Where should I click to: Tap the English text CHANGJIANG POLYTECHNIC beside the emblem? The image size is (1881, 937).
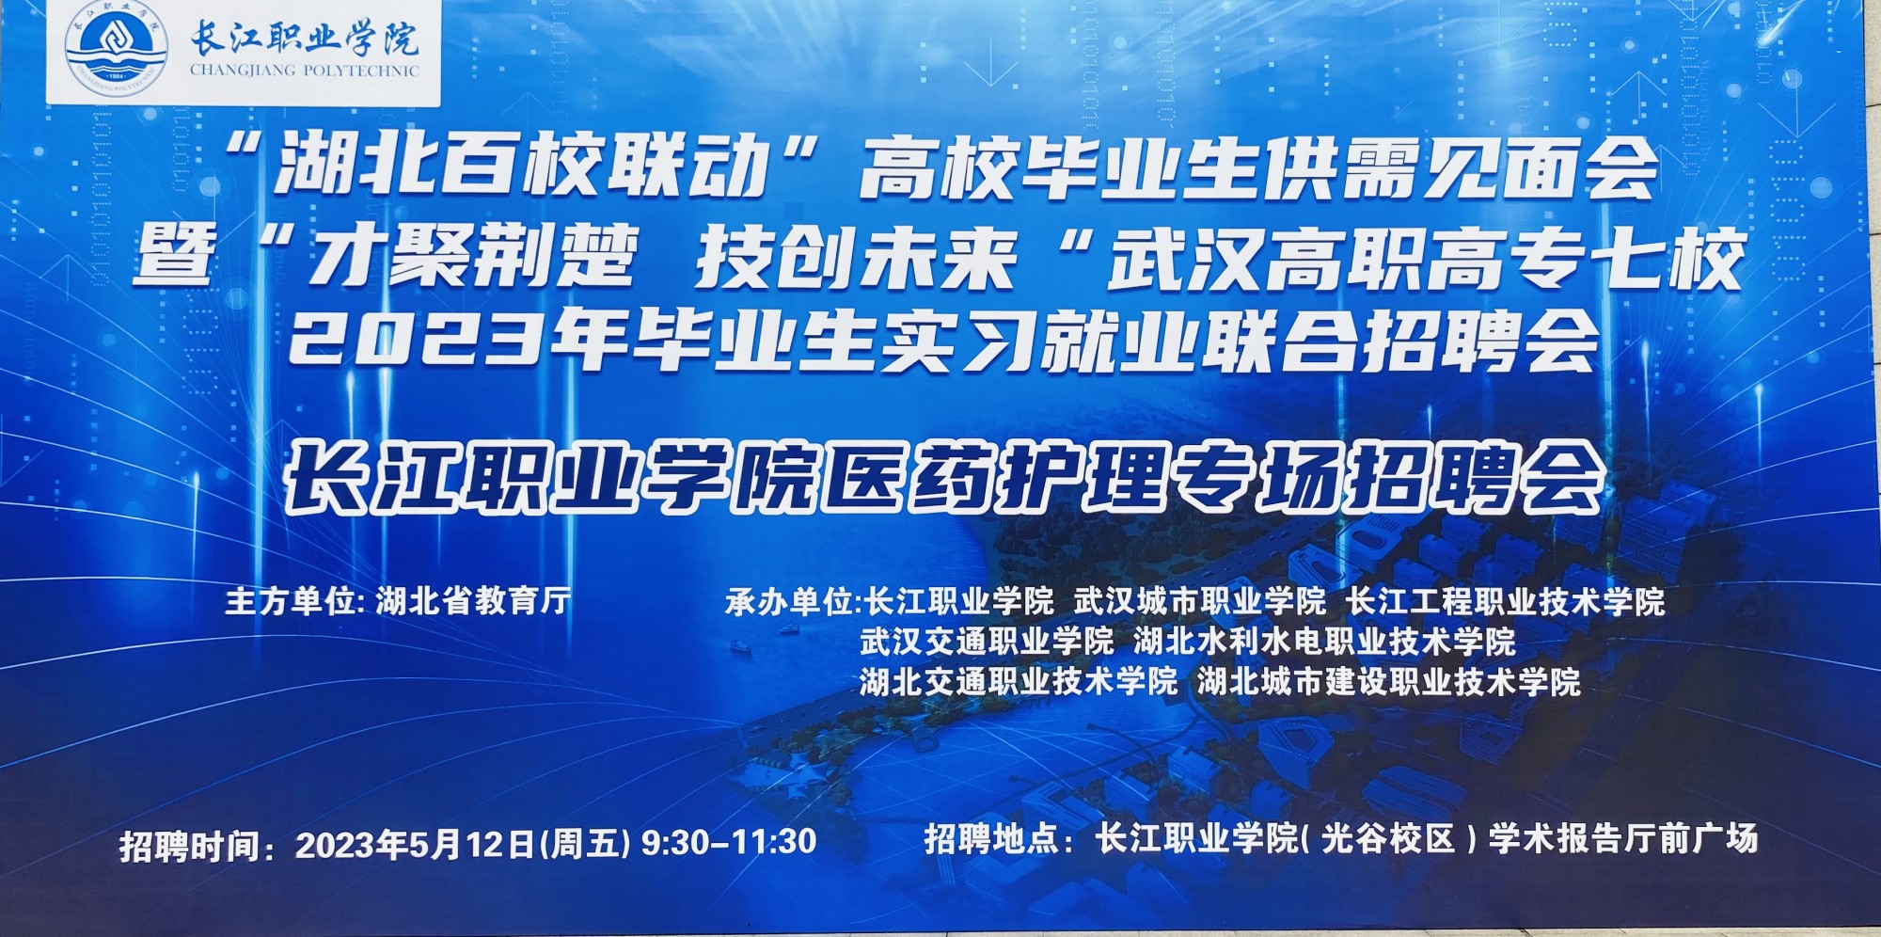click(305, 70)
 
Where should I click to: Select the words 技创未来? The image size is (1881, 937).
click(857, 256)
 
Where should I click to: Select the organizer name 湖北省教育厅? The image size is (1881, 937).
click(473, 600)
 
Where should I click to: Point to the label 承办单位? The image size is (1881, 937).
click(788, 601)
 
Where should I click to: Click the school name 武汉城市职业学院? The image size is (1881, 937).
click(1200, 600)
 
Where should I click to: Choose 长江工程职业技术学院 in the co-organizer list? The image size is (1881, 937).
click(1506, 600)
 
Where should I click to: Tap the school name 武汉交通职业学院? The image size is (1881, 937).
click(987, 641)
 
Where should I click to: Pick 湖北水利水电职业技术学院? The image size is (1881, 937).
click(1324, 641)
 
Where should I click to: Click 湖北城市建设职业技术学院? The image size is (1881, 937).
click(1389, 681)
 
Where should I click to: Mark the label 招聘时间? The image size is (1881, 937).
click(188, 846)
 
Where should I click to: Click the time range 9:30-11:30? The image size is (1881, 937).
click(728, 841)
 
